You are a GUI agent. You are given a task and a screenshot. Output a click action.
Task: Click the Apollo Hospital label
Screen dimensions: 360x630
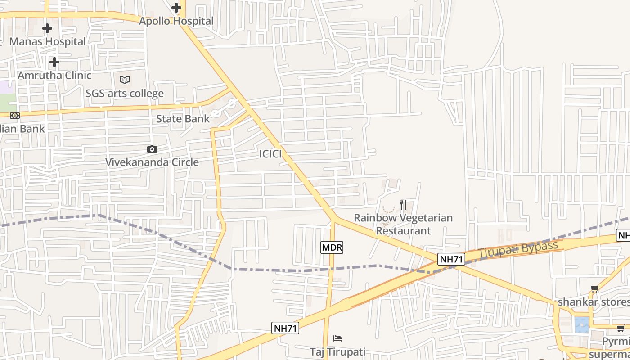(x=176, y=21)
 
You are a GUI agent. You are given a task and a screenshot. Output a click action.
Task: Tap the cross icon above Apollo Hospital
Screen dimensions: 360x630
(x=176, y=8)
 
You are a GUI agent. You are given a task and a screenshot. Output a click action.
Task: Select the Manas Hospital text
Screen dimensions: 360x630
(x=47, y=41)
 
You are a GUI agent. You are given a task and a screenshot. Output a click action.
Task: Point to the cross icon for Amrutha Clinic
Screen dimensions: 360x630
(x=54, y=62)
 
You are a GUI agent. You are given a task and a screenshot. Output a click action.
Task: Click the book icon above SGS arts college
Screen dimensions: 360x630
(x=125, y=80)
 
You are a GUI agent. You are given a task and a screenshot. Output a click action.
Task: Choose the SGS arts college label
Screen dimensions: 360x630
(x=125, y=94)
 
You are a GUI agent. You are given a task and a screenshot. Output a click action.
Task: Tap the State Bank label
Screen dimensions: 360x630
(x=183, y=119)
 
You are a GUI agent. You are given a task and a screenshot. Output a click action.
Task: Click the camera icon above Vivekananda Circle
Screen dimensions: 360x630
(x=152, y=149)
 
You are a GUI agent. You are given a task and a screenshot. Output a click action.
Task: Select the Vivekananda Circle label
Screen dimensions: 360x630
(x=152, y=162)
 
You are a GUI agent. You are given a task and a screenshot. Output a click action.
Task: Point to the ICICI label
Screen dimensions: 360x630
(x=270, y=154)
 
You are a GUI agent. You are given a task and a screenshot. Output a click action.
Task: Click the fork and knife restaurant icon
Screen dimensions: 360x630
(x=403, y=205)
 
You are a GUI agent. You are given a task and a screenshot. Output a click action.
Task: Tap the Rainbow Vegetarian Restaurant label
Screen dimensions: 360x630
(x=403, y=224)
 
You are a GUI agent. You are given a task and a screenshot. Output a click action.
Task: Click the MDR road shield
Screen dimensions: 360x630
(x=332, y=247)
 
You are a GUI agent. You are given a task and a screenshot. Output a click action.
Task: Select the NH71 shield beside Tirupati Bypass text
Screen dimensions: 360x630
(x=451, y=259)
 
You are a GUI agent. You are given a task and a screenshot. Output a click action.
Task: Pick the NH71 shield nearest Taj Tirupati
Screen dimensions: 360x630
(x=285, y=328)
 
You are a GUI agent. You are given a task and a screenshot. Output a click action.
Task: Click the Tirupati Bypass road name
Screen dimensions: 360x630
(x=518, y=249)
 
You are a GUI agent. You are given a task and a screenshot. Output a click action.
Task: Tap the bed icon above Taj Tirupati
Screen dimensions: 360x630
(x=337, y=338)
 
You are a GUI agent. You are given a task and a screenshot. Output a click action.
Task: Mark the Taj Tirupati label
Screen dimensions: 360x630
(x=337, y=351)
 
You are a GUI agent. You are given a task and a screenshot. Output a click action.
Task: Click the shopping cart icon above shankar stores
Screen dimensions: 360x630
(x=595, y=289)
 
